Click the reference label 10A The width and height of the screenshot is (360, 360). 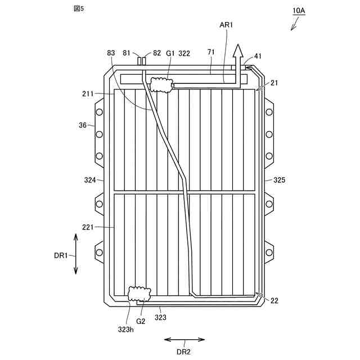[x=299, y=11]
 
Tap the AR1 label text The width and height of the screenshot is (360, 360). [x=226, y=25]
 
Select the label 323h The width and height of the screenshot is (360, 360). [x=126, y=330]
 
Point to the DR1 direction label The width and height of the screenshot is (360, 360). [x=61, y=255]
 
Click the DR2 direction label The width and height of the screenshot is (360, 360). [x=183, y=352]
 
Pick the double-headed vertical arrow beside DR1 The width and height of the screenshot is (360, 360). [x=76, y=254]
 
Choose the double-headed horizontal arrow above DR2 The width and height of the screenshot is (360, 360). [x=184, y=340]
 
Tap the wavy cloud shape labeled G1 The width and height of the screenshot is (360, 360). [x=161, y=85]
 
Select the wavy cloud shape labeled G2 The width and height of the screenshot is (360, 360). [x=139, y=294]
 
